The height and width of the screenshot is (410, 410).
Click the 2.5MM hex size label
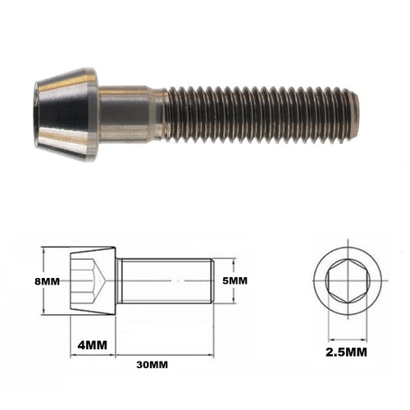coord(345,353)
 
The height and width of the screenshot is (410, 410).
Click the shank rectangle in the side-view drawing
coord(164,280)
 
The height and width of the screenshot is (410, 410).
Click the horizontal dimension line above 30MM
coord(164,354)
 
